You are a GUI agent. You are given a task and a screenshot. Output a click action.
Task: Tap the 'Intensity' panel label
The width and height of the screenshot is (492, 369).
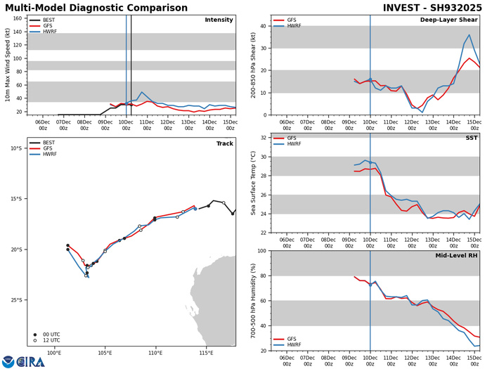coord(219,20)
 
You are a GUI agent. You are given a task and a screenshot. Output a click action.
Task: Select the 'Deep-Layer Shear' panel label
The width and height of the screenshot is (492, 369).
coord(450,20)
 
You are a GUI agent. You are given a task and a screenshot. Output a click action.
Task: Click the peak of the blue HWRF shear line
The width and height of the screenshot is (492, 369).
coord(470,35)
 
